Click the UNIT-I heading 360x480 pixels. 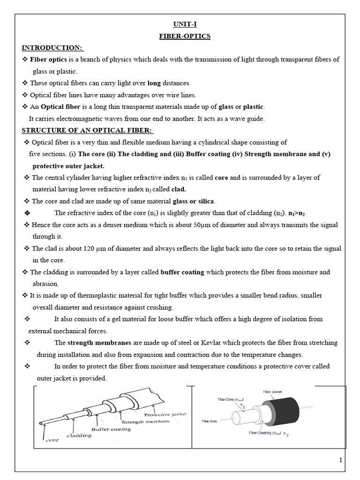(x=180, y=25)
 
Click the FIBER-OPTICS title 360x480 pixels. (x=180, y=37)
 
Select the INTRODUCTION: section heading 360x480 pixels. (x=52, y=48)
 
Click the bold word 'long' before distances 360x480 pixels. (x=154, y=83)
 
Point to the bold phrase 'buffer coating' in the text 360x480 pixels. (x=181, y=272)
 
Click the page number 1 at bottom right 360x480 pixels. (x=341, y=460)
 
